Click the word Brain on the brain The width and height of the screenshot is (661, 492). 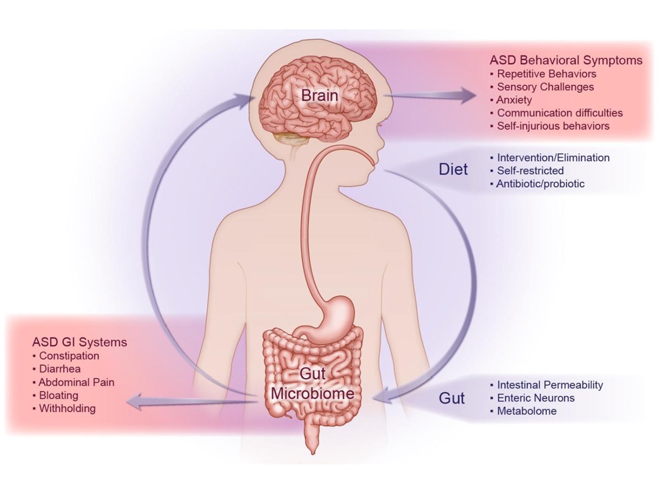319,96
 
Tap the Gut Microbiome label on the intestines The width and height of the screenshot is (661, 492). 319,383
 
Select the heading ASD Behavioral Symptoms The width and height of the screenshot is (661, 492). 566,59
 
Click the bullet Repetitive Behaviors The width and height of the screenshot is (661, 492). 546,73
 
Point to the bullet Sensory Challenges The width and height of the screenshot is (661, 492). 545,86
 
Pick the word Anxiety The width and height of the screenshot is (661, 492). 514,100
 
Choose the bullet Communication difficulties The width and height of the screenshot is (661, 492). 560,113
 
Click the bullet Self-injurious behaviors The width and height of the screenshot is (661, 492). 553,126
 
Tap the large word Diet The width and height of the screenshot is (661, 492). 453,170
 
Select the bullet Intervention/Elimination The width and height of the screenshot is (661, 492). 553,158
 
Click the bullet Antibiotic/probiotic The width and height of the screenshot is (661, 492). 540,184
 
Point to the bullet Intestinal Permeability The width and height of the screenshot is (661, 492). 549,385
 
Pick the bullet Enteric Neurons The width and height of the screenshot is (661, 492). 535,398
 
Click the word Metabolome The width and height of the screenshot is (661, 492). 527,411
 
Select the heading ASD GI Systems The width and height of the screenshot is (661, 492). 79,342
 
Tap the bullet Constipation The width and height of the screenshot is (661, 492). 69,356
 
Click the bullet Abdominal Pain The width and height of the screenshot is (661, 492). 76,382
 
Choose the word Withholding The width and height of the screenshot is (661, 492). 67,408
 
